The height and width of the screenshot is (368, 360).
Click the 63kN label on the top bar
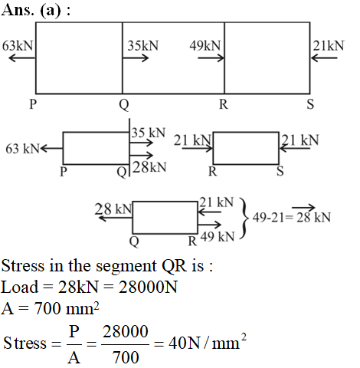(18, 46)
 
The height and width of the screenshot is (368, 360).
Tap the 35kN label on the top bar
(143, 46)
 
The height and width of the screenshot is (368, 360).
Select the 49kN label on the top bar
(205, 46)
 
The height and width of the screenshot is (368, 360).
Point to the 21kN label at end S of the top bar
(329, 46)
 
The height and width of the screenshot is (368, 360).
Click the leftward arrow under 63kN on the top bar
(21, 58)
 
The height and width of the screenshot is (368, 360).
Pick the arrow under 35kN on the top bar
(136, 58)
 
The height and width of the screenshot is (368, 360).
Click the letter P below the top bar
(33, 104)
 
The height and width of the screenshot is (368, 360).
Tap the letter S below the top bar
(310, 104)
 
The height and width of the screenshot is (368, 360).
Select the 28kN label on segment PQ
(149, 167)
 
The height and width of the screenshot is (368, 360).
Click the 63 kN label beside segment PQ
(23, 149)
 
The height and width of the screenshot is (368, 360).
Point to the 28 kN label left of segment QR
(113, 209)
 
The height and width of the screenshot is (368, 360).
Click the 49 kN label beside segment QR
(218, 237)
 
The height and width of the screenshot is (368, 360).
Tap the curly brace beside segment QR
(244, 218)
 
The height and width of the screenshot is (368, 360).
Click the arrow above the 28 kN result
(303, 207)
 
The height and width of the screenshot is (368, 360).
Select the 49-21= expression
(273, 218)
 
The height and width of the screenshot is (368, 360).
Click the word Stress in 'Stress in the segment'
(23, 265)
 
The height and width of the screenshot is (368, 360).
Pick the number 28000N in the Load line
(148, 287)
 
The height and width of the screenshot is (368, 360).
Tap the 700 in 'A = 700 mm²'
(48, 308)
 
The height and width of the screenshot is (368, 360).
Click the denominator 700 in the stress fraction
(126, 357)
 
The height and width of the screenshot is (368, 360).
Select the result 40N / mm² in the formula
(208, 342)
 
